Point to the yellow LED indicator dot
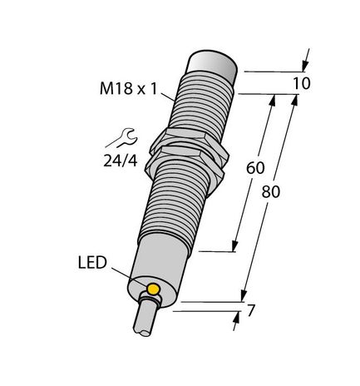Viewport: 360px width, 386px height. [x=154, y=289]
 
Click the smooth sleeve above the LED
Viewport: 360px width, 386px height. [x=161, y=254]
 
